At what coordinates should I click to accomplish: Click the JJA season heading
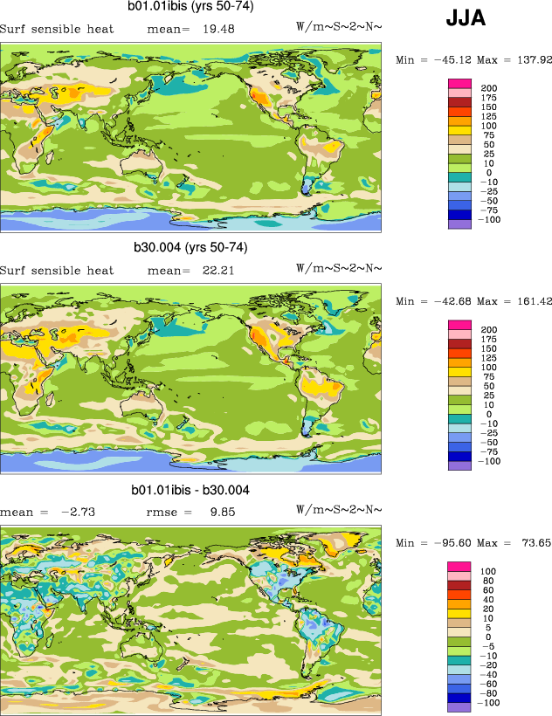466,19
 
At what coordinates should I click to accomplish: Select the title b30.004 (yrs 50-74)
190,248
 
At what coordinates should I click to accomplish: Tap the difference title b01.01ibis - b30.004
190,491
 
